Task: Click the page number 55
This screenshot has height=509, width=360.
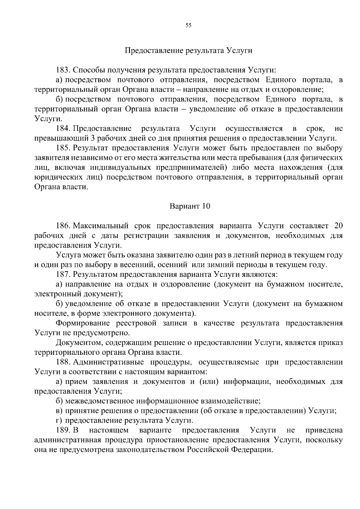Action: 188,25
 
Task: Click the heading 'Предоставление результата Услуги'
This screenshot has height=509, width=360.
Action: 188,50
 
